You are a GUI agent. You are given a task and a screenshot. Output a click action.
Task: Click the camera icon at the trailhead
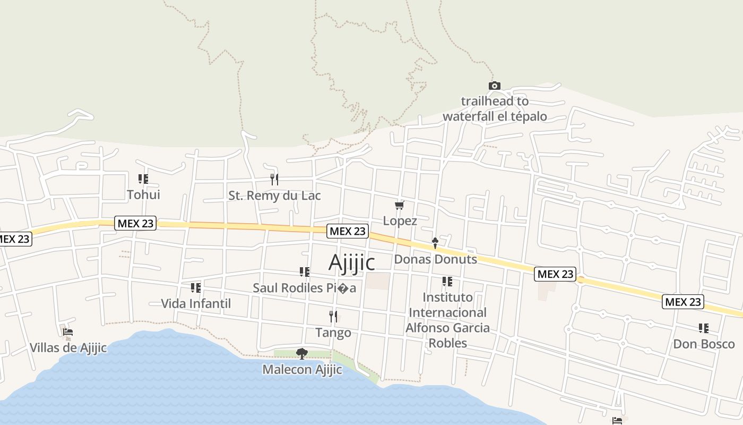coord(494,86)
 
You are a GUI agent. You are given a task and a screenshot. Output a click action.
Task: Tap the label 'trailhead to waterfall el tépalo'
coord(495,109)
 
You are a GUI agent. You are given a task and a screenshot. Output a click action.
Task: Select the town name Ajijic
coord(351,262)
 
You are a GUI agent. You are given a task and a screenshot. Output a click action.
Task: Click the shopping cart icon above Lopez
coord(400,205)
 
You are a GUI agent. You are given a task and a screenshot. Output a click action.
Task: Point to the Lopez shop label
coord(400,220)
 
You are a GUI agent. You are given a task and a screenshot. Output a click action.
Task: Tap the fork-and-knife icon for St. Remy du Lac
coord(274,179)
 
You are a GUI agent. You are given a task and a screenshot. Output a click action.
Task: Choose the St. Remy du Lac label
coord(274,195)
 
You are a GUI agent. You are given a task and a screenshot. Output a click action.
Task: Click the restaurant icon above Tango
coord(333,317)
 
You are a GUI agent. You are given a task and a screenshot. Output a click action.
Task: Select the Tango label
coord(333,333)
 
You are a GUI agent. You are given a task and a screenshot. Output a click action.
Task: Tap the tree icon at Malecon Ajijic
coord(302,353)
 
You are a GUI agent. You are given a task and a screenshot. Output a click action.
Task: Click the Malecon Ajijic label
coord(302,369)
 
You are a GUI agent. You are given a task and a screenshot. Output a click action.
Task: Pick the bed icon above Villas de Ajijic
coord(67,333)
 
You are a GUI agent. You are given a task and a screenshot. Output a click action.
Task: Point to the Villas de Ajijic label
coord(68,348)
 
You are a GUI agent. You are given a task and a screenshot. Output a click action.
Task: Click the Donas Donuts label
coord(435,259)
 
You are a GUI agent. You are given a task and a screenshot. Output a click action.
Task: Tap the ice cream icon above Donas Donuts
coord(435,243)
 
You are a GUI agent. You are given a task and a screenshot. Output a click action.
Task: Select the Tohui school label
coord(143,194)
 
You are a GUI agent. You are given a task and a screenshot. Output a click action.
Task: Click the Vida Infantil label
coord(196,303)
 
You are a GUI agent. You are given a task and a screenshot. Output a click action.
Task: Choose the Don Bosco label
coord(704,344)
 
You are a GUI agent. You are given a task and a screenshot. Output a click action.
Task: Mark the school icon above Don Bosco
coord(703,328)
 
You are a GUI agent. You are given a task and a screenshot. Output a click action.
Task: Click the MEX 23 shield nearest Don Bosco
coord(683,302)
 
